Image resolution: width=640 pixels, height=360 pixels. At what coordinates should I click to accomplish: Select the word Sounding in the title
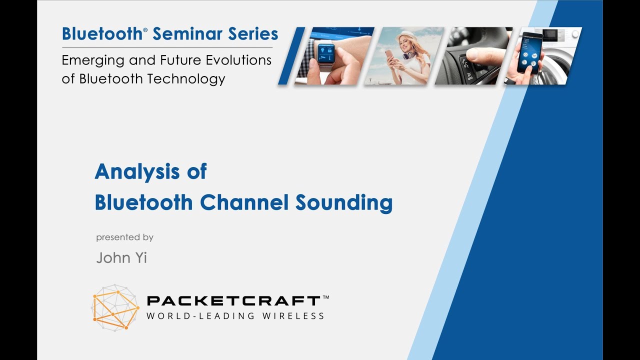343,202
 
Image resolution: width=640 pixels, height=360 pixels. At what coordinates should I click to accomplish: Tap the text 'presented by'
124,237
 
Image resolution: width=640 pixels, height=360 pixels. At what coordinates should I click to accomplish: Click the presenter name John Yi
121,257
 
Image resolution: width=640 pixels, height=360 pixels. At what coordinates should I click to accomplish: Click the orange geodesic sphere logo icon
115,307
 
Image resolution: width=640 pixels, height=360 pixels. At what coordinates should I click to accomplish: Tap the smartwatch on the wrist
326,52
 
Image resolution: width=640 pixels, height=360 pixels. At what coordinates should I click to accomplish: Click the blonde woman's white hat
405,37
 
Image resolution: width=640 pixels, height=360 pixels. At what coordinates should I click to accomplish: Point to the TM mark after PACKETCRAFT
325,297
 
